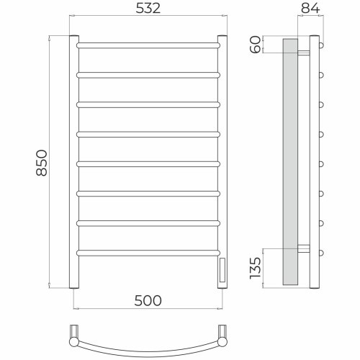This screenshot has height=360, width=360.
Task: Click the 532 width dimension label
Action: [x=148, y=8]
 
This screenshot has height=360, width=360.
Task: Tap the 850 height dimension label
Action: [x=42, y=163]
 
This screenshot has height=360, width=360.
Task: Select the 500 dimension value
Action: [x=148, y=301]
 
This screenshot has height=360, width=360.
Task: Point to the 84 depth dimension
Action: [x=310, y=8]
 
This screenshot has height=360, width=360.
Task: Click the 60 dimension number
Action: [x=256, y=45]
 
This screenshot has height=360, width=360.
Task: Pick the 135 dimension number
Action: [x=256, y=268]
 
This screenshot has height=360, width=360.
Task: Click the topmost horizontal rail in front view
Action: [x=148, y=45]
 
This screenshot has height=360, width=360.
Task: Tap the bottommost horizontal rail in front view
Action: [x=148, y=253]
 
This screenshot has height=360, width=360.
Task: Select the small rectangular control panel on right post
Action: [x=222, y=270]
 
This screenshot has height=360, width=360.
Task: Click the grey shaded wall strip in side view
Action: [x=290, y=162]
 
